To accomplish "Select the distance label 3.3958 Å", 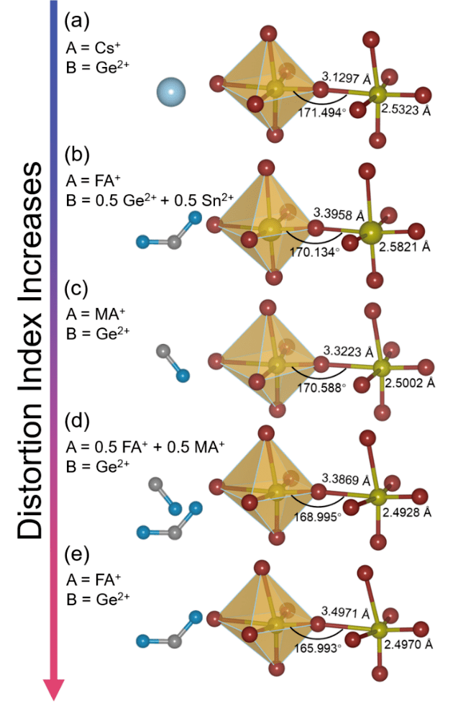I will [340, 213].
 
